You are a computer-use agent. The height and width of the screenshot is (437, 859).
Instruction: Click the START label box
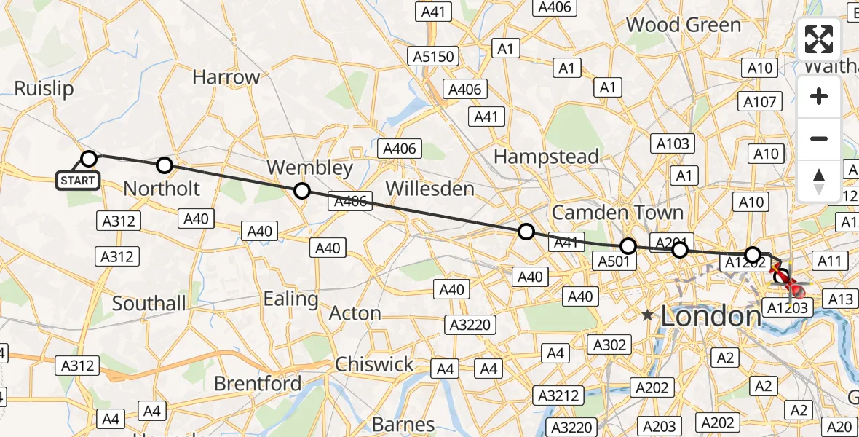pyautogui.click(x=78, y=180)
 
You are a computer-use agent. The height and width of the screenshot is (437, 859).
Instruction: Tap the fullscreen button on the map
pyautogui.click(x=819, y=40)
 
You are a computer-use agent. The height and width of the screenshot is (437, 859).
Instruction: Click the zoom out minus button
pyautogui.click(x=819, y=138)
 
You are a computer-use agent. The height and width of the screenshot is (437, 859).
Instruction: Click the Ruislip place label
pyautogui.click(x=44, y=89)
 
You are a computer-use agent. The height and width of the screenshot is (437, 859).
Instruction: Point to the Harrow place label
pyautogui.click(x=226, y=76)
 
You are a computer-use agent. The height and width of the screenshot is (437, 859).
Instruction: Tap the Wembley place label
pyautogui.click(x=309, y=168)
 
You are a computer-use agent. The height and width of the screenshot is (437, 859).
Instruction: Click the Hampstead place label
pyautogui.click(x=546, y=156)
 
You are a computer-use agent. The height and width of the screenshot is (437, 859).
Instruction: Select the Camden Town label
pyautogui.click(x=617, y=213)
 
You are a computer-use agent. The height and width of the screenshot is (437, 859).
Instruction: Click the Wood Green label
pyautogui.click(x=684, y=25)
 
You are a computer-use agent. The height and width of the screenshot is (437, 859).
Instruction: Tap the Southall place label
pyautogui.click(x=148, y=303)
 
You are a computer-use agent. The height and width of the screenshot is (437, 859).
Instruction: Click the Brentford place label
pyautogui.click(x=258, y=383)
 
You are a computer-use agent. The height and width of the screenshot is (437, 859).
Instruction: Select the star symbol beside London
pyautogui.click(x=647, y=316)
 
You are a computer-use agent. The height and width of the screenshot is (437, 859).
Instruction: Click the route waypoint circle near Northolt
pyautogui.click(x=165, y=165)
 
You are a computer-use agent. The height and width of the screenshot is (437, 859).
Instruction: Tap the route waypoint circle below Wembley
pyautogui.click(x=301, y=191)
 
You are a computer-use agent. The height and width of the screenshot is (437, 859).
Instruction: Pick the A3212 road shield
pyautogui.click(x=558, y=395)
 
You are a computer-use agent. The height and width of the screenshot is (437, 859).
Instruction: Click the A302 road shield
pyautogui.click(x=609, y=345)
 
